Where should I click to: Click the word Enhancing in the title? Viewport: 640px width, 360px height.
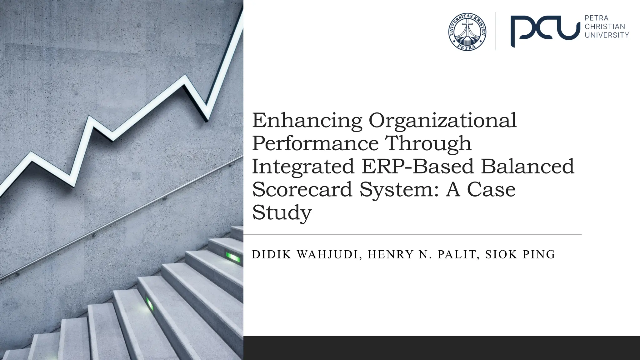pos(307,121)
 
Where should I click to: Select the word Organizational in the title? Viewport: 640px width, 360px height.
pos(442,121)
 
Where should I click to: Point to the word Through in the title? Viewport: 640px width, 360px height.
pos(428,144)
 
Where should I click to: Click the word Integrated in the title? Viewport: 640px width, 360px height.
pos(303,167)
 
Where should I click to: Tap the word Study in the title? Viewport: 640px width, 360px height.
pos(282,213)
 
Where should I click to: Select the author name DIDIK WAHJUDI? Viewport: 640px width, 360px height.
pos(305,255)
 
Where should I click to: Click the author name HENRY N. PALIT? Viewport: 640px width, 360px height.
pos(422,255)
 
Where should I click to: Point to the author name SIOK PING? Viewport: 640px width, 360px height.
pos(520,255)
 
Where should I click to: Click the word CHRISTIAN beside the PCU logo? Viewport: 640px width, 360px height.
pos(605,27)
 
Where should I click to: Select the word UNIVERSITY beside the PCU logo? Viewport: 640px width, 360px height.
pos(607,35)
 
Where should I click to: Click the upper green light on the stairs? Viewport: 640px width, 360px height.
pos(233,258)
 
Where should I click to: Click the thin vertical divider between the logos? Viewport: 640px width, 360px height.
pos(496,31)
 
